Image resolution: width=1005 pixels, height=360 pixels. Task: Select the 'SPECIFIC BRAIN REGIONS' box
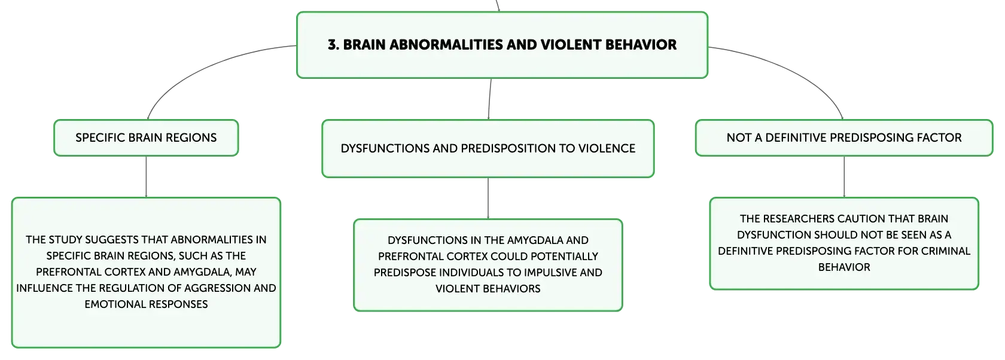coord(146,138)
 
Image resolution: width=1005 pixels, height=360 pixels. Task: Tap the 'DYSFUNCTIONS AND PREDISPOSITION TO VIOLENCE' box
coord(488,148)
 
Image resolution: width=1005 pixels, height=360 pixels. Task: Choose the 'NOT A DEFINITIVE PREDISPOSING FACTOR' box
coord(844,138)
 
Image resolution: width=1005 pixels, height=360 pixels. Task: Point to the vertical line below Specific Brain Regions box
coord(146,176)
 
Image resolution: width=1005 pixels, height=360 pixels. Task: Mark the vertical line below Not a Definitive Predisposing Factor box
coord(844,176)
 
